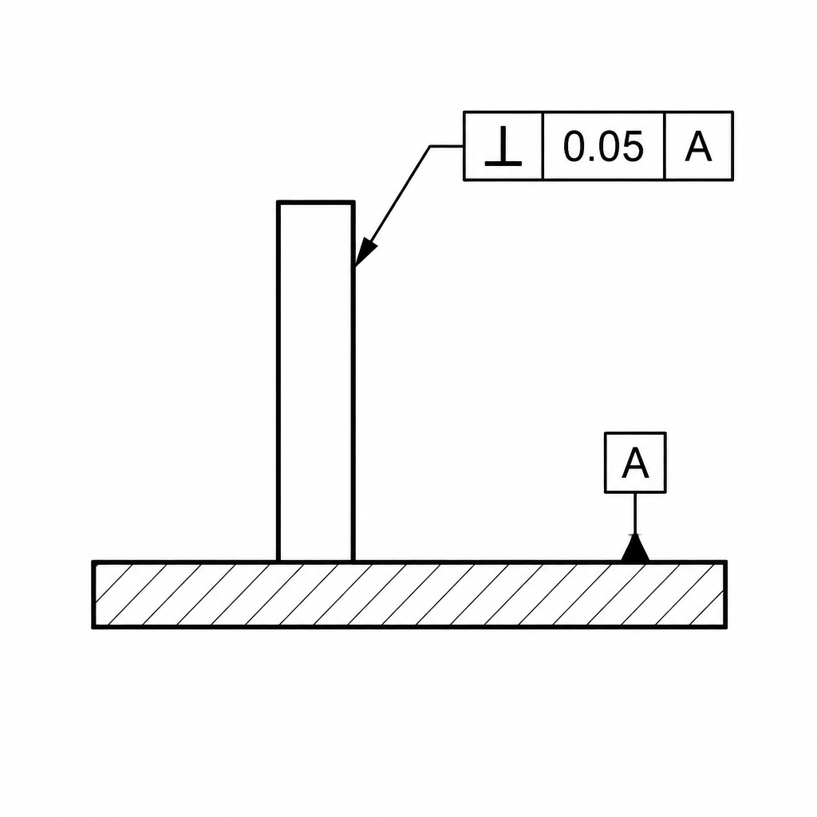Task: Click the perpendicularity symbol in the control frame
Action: [503, 147]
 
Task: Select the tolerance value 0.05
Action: [603, 147]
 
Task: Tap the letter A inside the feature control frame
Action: [698, 147]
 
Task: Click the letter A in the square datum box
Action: [635, 462]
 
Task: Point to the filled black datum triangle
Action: [635, 549]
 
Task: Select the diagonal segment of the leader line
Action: [393, 207]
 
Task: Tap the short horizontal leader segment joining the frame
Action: [447, 146]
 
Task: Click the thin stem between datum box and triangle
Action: [635, 515]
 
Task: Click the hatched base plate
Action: [409, 594]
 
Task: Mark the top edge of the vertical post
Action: [316, 202]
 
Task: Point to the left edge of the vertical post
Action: [278, 381]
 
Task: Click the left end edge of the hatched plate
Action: [94, 594]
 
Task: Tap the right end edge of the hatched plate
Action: [724, 594]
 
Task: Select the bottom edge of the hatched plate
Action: [409, 626]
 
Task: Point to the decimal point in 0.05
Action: [590, 159]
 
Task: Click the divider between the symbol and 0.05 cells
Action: [543, 146]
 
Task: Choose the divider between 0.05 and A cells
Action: [665, 146]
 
